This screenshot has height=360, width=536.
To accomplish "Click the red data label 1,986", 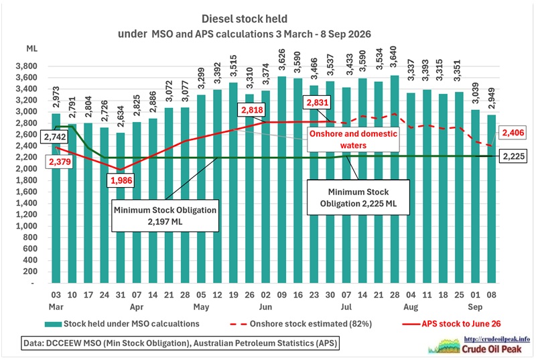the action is click(121, 180).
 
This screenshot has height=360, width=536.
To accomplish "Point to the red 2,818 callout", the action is click(253, 110).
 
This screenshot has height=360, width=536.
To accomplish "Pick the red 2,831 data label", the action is click(318, 102).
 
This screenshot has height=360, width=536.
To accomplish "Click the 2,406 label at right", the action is click(513, 132).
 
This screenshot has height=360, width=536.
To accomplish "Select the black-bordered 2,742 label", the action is click(55, 137).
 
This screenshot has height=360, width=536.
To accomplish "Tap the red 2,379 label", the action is click(60, 162).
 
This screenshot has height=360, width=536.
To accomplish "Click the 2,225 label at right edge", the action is click(513, 156).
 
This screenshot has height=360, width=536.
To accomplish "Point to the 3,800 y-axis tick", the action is click(26, 66).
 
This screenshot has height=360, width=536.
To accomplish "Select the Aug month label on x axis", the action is click(411, 307).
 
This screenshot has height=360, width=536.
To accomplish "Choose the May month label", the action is click(201, 307).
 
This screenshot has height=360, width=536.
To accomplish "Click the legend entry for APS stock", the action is click(451, 324).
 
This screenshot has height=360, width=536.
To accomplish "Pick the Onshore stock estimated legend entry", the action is click(301, 324).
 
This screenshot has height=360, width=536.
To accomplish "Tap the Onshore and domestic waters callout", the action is click(353, 139).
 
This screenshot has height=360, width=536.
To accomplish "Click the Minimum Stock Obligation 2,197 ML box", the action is click(165, 216).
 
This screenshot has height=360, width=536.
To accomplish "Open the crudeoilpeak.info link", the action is click(496, 339).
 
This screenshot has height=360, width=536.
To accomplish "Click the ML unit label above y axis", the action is click(31, 48).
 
